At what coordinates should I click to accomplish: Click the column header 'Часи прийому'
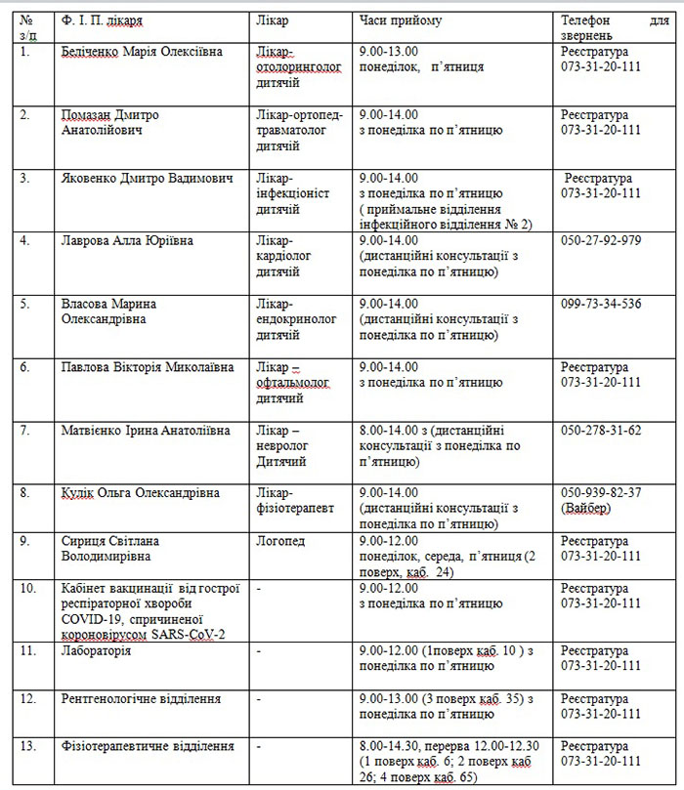point(400,20)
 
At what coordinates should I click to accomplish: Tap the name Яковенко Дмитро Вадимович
point(147,179)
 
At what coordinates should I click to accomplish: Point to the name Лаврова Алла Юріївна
point(127,240)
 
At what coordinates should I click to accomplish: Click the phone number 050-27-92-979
point(601,240)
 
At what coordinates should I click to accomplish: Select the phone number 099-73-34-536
point(601,304)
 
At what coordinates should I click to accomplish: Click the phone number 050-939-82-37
point(601,493)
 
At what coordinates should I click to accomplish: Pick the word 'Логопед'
point(278,541)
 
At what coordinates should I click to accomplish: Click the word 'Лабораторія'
point(96,649)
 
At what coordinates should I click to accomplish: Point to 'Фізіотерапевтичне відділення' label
point(147,746)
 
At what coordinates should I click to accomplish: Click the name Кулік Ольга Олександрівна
point(140,493)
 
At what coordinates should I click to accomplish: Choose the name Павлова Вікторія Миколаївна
point(148,367)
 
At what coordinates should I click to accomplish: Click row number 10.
point(27,588)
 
